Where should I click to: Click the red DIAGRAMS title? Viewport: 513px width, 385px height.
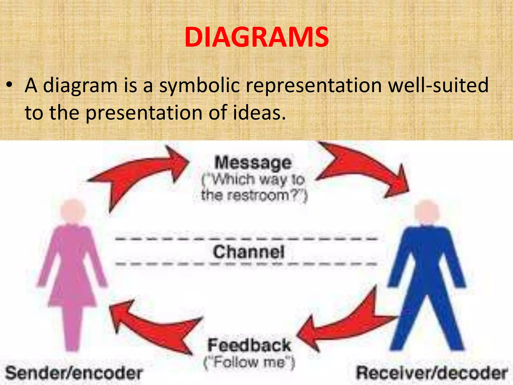256,38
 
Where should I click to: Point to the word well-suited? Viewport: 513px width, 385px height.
438,85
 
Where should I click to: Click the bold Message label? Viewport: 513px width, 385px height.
253,163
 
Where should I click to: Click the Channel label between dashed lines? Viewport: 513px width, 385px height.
249,252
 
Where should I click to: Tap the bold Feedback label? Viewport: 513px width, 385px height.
249,345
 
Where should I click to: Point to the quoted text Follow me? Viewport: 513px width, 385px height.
249,362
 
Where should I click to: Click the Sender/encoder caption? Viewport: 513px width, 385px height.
74,373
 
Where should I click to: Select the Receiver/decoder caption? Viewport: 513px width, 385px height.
432,373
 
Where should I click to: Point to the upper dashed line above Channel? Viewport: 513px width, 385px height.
246,239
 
